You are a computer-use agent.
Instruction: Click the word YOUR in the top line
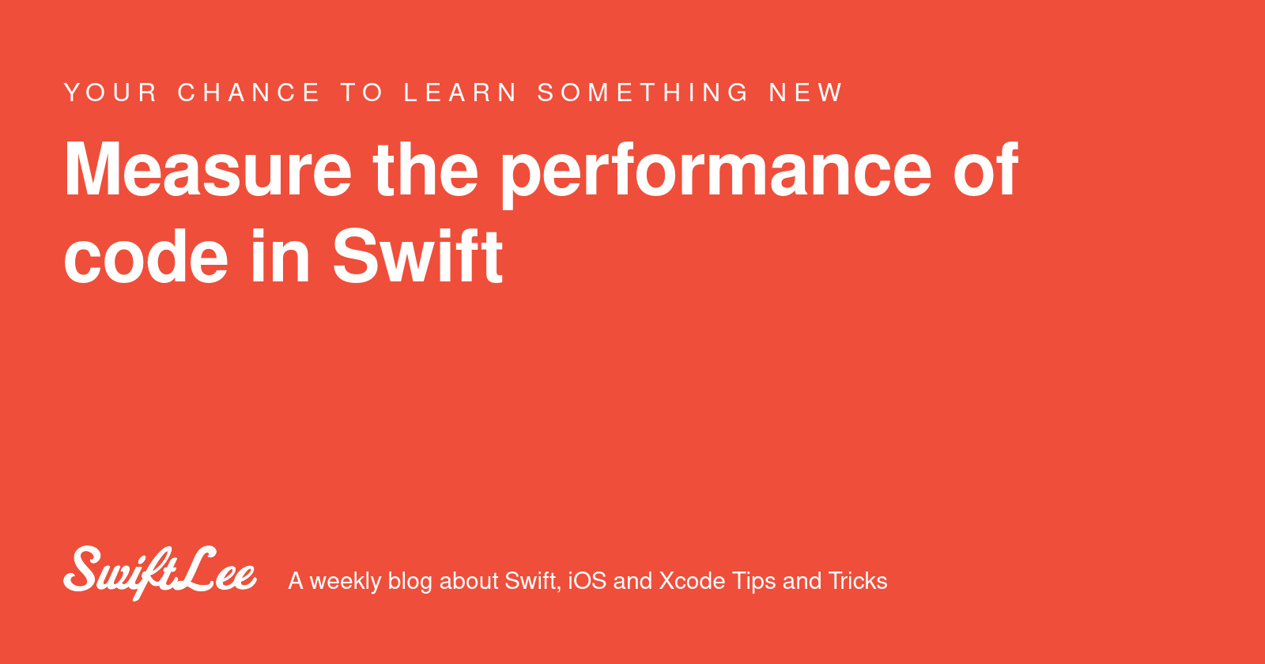point(111,92)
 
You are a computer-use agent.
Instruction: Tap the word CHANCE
point(249,92)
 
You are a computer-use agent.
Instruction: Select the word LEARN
point(461,92)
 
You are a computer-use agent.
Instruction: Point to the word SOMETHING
point(644,92)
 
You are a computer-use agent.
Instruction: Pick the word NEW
point(806,92)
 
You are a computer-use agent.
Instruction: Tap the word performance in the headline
point(716,171)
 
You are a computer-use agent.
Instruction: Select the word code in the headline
point(146,256)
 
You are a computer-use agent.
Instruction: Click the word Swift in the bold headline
point(417,256)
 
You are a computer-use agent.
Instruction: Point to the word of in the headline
point(985,169)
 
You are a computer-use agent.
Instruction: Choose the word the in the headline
point(425,169)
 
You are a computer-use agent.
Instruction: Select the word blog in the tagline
point(410,582)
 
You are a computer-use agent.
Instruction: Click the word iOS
point(587,581)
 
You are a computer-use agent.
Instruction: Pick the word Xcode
point(692,581)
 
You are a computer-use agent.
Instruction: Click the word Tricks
point(858,581)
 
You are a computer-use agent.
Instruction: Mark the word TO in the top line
point(362,92)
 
